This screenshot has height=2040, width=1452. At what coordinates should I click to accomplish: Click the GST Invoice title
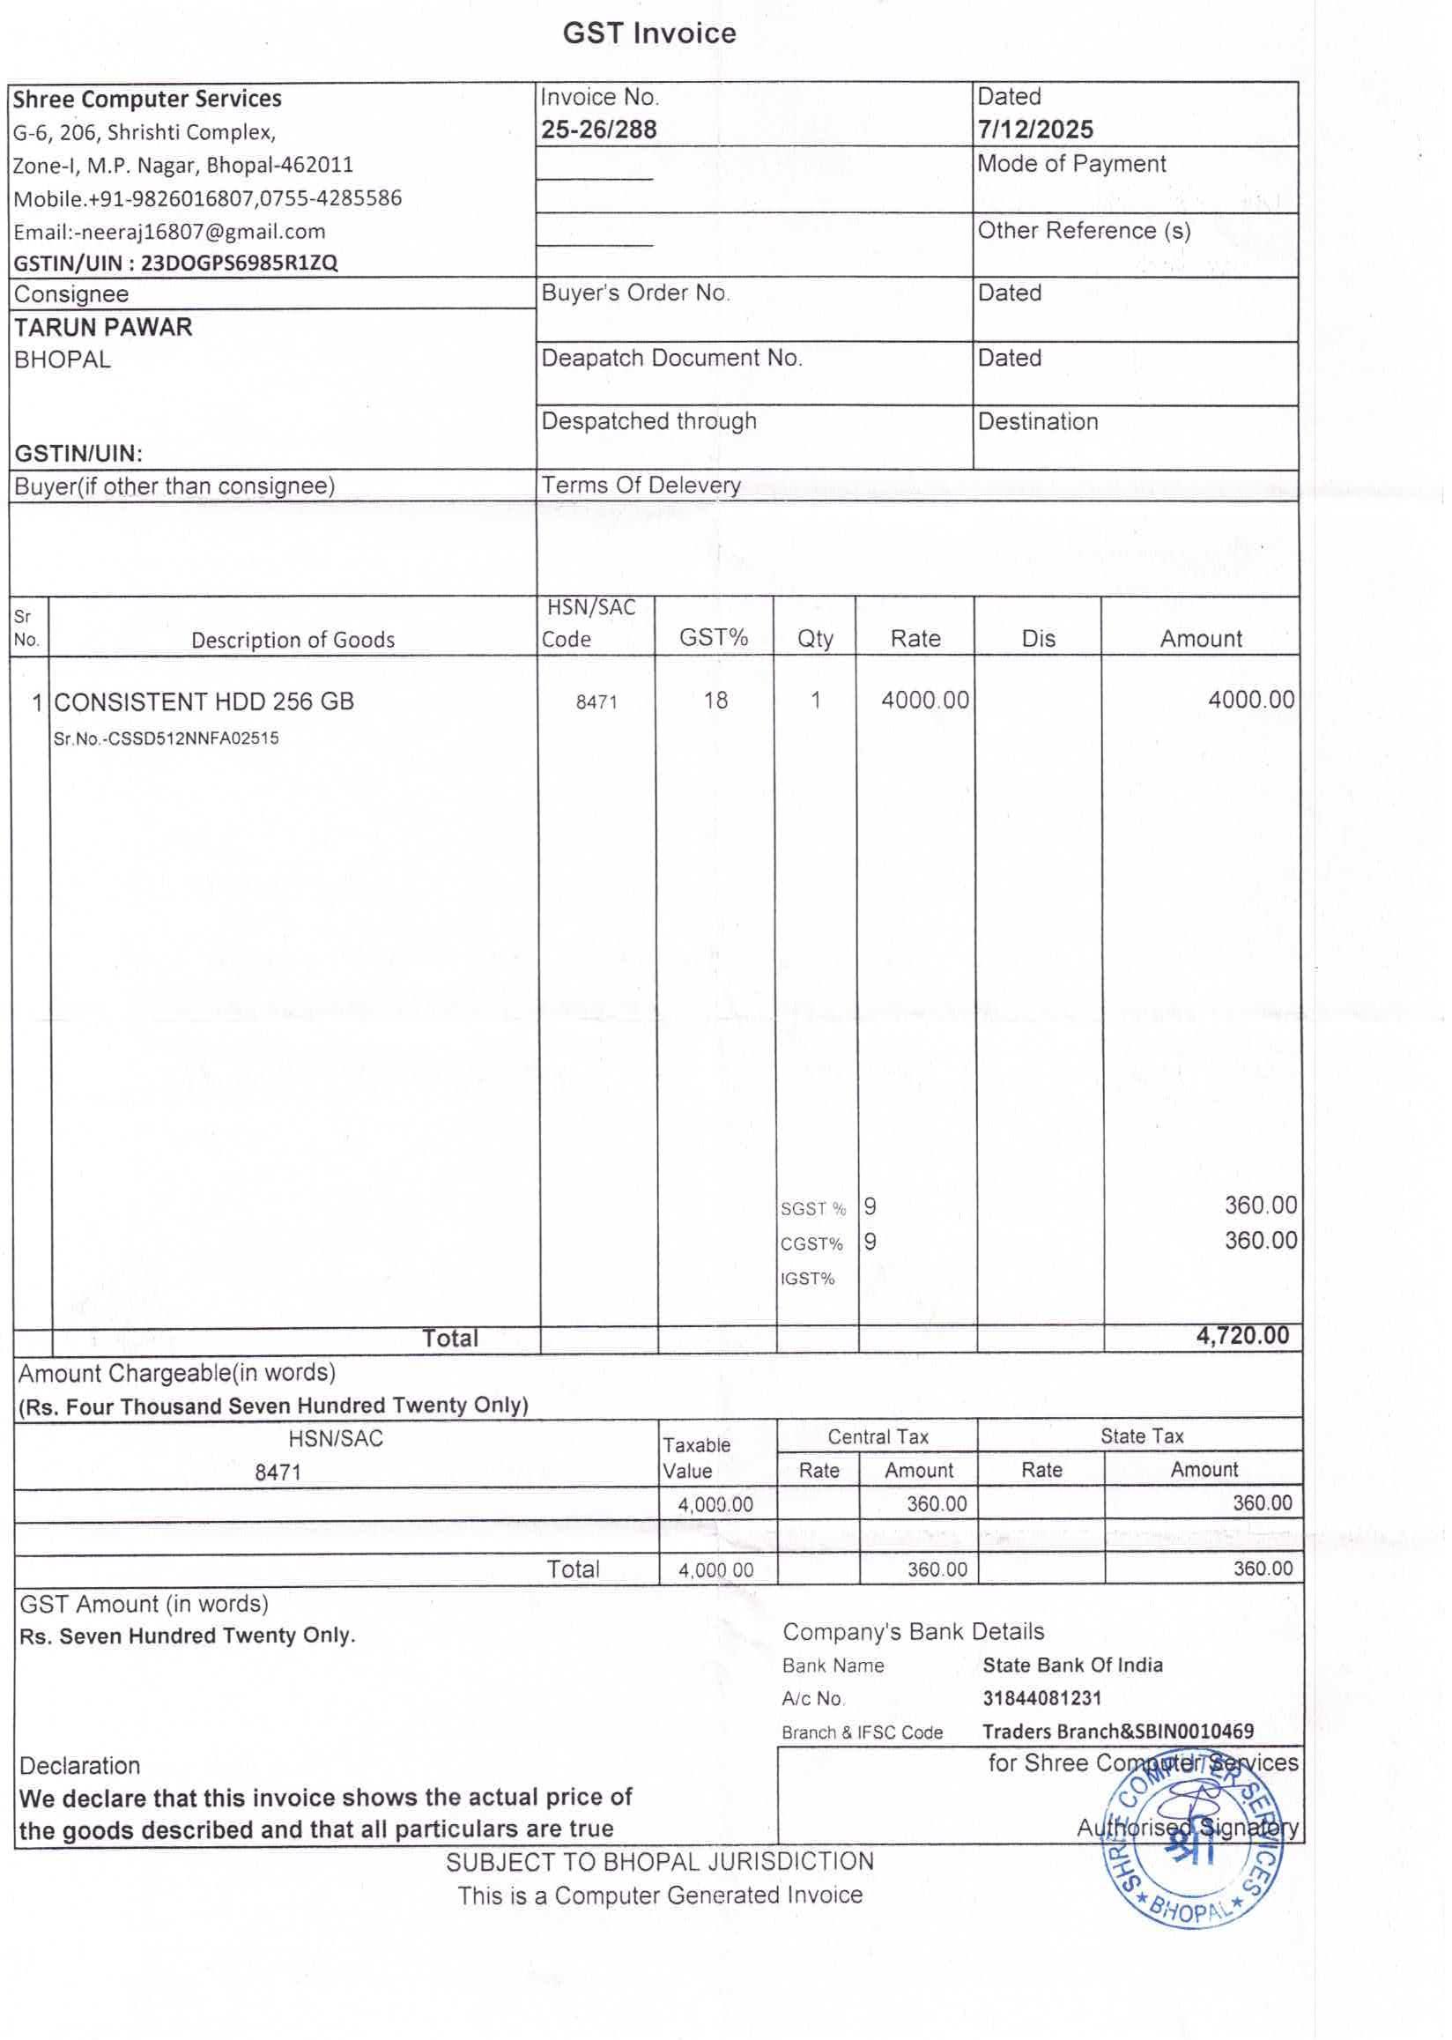(649, 34)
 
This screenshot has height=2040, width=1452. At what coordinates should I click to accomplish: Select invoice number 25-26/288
(598, 130)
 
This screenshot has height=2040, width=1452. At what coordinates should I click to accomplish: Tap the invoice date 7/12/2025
(1034, 130)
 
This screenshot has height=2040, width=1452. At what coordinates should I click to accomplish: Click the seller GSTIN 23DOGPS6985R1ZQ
(239, 263)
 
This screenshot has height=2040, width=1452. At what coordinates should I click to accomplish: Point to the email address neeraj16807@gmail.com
(202, 232)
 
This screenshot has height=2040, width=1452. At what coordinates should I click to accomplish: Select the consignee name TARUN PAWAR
(103, 327)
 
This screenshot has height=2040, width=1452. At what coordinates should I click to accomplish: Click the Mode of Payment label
(1071, 164)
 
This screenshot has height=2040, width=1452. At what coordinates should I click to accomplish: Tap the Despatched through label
(648, 421)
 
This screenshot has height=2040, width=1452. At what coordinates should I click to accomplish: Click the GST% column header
(713, 638)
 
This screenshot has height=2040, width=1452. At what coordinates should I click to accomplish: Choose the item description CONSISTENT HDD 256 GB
(204, 701)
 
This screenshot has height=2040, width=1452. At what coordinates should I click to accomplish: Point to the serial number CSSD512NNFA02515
(192, 738)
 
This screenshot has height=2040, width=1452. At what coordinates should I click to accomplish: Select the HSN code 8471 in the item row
(596, 702)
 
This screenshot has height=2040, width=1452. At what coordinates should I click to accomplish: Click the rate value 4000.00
(924, 700)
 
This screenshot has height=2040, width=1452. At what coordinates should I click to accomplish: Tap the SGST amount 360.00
(1260, 1205)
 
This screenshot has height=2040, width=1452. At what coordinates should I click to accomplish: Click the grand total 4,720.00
(1242, 1335)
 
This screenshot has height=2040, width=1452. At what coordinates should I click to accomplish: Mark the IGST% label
(806, 1279)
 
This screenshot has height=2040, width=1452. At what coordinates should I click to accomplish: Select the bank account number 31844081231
(1041, 1698)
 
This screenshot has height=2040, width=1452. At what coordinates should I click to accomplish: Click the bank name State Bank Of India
(1072, 1665)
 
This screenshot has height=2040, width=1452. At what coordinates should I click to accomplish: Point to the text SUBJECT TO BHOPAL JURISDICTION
(660, 1862)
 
